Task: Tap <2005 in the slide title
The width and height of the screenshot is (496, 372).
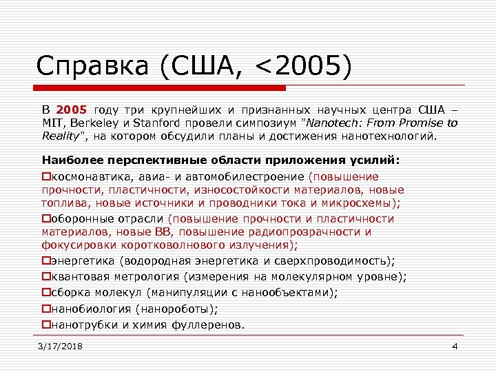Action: (301, 67)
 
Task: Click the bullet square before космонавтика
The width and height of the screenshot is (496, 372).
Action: (46, 175)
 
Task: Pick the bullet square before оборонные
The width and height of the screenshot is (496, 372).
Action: (46, 219)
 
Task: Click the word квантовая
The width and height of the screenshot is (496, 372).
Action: (81, 277)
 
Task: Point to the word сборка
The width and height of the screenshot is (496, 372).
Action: (70, 293)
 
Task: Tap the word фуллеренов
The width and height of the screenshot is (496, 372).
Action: (210, 324)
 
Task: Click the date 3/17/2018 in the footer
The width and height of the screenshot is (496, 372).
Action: (61, 347)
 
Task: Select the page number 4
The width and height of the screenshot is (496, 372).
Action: (455, 347)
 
